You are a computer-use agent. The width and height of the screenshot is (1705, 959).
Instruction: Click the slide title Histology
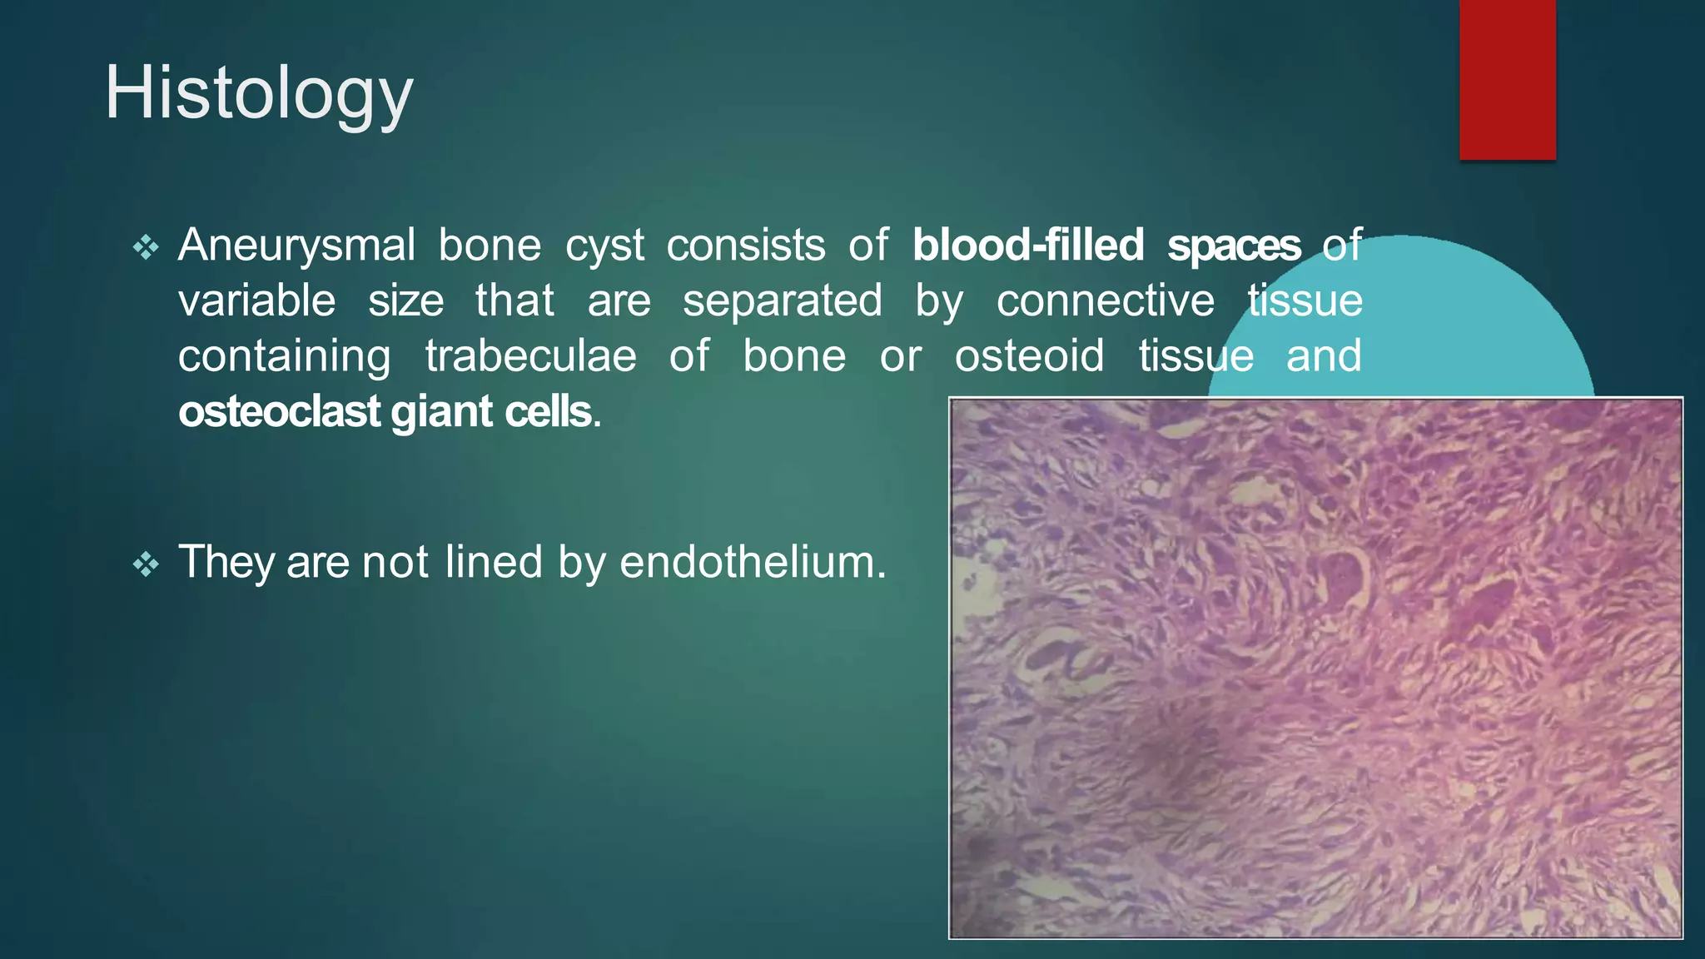pyautogui.click(x=258, y=93)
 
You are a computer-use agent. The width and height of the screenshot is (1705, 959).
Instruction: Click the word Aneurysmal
pyautogui.click(x=296, y=246)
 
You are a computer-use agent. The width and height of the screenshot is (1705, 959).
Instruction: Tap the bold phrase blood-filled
pyautogui.click(x=1027, y=246)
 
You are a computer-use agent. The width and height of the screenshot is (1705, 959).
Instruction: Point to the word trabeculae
pyautogui.click(x=530, y=356)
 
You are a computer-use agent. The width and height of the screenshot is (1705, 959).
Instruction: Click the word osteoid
pyautogui.click(x=1029, y=356)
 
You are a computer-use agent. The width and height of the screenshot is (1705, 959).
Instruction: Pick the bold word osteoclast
pyautogui.click(x=279, y=412)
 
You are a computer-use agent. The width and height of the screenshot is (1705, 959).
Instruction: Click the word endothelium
pyautogui.click(x=753, y=562)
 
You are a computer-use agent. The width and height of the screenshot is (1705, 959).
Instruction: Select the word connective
pyautogui.click(x=1105, y=301)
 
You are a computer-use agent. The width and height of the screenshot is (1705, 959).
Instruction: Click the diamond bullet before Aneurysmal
pyautogui.click(x=146, y=247)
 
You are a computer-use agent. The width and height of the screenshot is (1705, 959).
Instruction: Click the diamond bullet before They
pyautogui.click(x=146, y=564)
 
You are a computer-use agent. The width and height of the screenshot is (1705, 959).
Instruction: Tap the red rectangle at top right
pyautogui.click(x=1507, y=79)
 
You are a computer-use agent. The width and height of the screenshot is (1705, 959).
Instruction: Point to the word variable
pyautogui.click(x=256, y=301)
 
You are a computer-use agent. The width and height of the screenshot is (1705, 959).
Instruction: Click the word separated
pyautogui.click(x=782, y=301)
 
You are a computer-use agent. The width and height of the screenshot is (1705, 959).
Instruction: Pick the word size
pyautogui.click(x=405, y=301)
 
